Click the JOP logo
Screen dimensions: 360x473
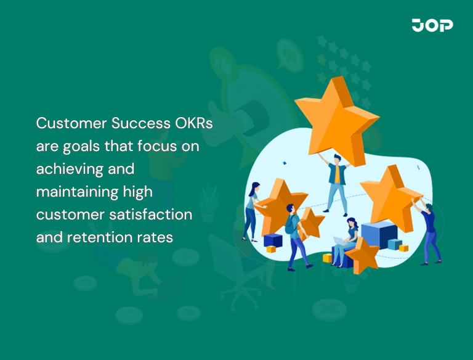pos(432,25)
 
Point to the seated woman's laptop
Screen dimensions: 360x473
pos(339,242)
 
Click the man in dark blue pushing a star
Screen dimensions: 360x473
pos(430,228)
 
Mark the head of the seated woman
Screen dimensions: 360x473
pos(352,223)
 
